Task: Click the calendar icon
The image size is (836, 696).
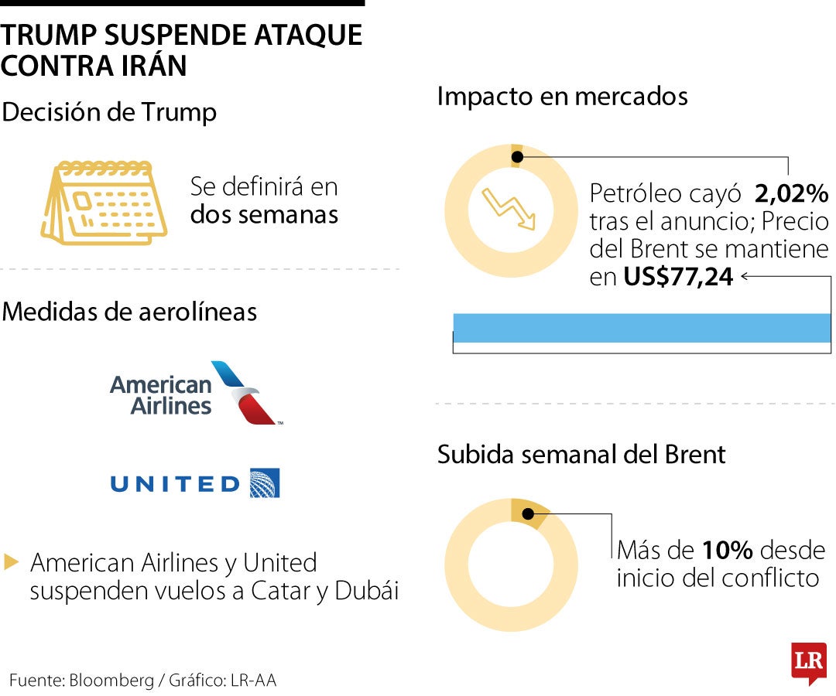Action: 103,203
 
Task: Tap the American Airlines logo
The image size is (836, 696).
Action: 195,394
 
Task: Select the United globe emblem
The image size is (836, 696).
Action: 264,483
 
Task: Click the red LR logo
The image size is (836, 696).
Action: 808,662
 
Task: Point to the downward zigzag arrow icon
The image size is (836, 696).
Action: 509,207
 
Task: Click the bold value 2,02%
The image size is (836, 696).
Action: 791,193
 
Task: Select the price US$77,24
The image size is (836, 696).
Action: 678,277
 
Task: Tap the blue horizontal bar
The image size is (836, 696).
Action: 641,328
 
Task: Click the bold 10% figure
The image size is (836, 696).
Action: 728,551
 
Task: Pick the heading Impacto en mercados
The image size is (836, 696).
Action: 562,97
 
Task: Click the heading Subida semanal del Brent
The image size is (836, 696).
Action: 581,454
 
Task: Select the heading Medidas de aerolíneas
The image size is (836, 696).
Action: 130,312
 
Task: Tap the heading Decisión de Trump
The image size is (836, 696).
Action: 109,112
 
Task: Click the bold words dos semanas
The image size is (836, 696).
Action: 264,214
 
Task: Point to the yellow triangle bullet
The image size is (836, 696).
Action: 11,562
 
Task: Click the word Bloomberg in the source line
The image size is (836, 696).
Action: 111,681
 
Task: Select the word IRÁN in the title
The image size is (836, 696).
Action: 153,65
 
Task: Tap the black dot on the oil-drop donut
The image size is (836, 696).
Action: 517,157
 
